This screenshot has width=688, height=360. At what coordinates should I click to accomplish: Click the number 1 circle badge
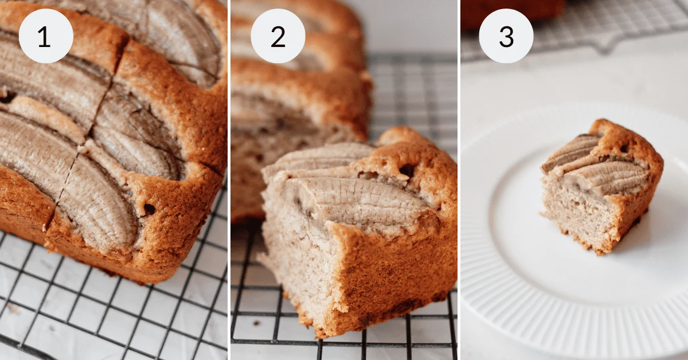[x=46, y=36]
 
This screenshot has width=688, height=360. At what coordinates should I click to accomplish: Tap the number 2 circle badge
[x=278, y=36]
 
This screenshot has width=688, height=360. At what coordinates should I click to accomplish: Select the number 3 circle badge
[x=506, y=36]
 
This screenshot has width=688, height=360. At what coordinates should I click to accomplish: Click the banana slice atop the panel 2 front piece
[x=355, y=204]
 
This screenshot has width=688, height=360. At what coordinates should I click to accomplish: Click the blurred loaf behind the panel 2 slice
[x=298, y=86]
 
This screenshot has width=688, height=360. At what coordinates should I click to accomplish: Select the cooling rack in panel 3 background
[x=602, y=26]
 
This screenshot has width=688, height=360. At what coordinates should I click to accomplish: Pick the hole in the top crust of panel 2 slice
[x=407, y=170]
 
